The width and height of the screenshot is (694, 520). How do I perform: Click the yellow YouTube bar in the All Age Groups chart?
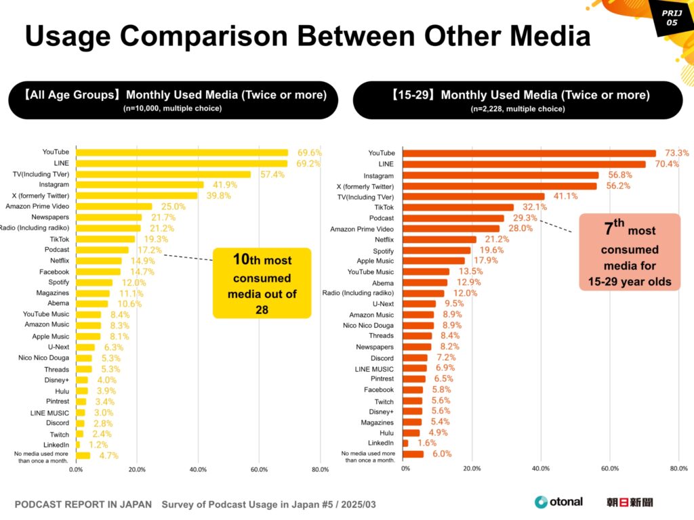click(x=182, y=152)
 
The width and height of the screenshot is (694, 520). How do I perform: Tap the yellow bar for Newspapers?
click(x=109, y=217)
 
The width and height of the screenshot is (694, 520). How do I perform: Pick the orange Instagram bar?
click(x=501, y=175)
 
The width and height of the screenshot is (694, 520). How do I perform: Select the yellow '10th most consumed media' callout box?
click(x=262, y=283)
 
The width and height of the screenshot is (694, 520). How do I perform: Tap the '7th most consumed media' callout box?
click(x=628, y=252)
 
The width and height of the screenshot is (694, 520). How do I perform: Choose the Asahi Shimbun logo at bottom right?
click(x=630, y=502)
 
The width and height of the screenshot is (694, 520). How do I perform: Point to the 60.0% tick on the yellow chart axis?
click(x=259, y=469)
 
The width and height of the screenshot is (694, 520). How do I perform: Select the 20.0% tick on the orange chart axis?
click(x=472, y=468)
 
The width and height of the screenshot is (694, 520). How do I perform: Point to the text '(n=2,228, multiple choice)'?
click(x=518, y=108)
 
